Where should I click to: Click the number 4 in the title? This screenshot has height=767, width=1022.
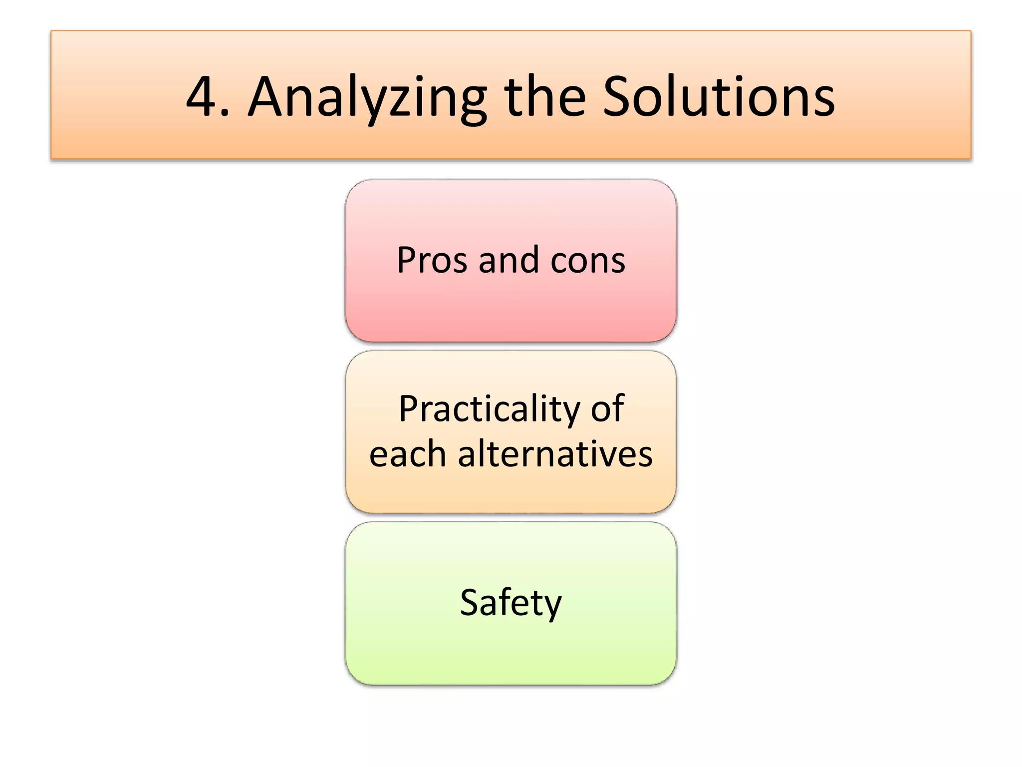tap(202, 97)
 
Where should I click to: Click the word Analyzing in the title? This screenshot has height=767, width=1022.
tap(367, 98)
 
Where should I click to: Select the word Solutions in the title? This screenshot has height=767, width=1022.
tap(719, 97)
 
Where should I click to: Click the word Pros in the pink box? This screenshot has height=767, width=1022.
tap(432, 260)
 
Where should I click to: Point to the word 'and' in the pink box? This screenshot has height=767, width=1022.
tap(509, 260)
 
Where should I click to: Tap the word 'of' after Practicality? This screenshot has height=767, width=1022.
tap(607, 408)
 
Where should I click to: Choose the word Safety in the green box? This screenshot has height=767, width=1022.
tap(511, 603)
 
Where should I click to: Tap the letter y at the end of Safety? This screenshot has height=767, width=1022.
tap(552, 606)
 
